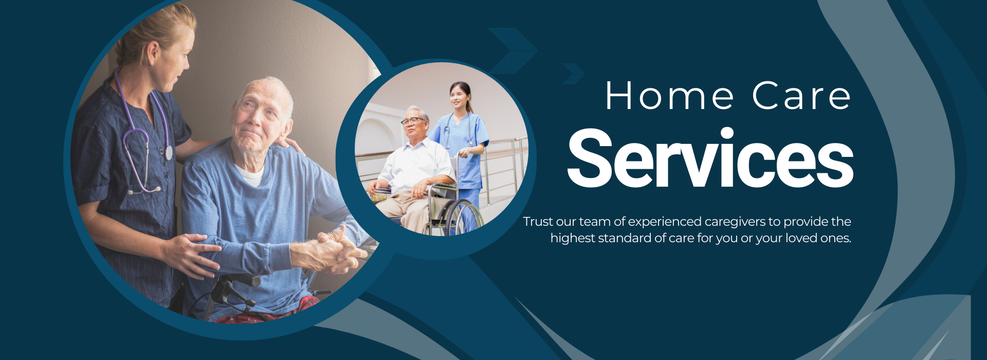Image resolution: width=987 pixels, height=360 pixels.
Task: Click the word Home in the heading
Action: (670, 96)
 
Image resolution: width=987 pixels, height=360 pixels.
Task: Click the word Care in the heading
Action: (801, 96)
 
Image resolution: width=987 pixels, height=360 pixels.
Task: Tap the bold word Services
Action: (710, 158)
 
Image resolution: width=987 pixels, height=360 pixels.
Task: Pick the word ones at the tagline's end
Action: (837, 239)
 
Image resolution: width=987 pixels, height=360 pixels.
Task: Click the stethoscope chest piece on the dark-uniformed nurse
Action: (169, 152)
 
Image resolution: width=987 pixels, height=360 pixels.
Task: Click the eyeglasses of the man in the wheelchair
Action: (412, 121)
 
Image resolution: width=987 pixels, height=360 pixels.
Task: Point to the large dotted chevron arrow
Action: (513, 51)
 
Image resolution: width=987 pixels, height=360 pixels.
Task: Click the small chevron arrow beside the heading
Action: (574, 74)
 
